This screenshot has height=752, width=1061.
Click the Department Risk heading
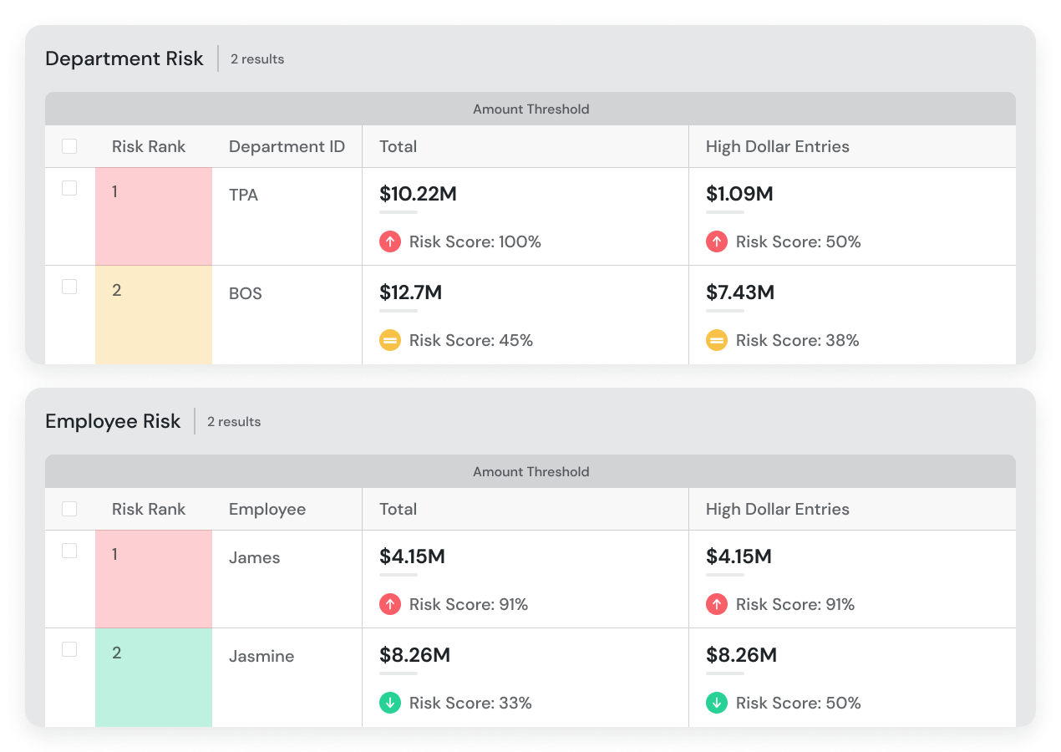[124, 58]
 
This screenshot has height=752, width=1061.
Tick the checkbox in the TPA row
[69, 188]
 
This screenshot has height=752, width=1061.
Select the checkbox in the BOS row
[69, 287]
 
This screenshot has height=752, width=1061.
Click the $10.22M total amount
[418, 194]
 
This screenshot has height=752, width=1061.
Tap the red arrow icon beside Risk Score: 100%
[390, 241]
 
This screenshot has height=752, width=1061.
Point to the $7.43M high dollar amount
[740, 292]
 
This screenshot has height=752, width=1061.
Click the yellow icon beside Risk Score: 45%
[390, 340]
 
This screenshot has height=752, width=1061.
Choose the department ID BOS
[245, 294]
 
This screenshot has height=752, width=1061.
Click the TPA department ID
[243, 196]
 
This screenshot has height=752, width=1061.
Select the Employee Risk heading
[113, 421]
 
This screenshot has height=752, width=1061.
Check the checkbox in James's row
[69, 551]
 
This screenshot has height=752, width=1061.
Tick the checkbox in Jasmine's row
[69, 649]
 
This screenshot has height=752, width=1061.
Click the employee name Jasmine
[261, 656]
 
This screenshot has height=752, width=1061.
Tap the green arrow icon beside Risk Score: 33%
[390, 703]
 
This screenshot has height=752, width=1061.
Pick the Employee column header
[267, 510]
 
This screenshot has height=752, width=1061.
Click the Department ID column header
[287, 147]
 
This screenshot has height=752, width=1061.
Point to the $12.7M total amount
[410, 292]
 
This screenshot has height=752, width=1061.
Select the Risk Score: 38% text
[797, 340]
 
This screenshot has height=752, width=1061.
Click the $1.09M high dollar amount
[739, 194]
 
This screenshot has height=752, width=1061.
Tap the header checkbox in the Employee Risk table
[69, 509]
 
